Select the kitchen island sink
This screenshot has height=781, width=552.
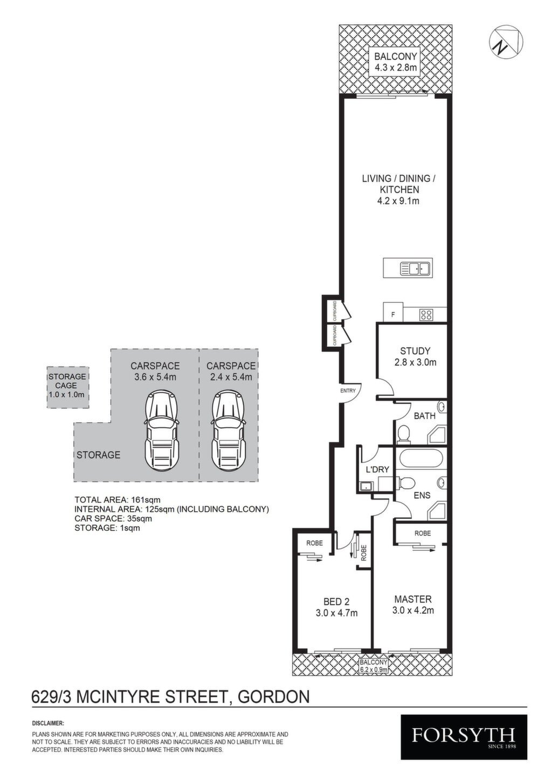pyautogui.click(x=417, y=269)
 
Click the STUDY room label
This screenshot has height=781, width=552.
pyautogui.click(x=415, y=351)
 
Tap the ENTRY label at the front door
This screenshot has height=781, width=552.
pyautogui.click(x=348, y=391)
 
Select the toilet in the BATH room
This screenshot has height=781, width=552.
pyautogui.click(x=404, y=434)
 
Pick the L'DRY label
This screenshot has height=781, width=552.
pyautogui.click(x=378, y=469)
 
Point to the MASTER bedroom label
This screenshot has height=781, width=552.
pyautogui.click(x=413, y=599)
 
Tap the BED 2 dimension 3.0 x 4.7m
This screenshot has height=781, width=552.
pyautogui.click(x=336, y=613)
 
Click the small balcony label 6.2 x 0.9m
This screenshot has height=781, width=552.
pyautogui.click(x=374, y=670)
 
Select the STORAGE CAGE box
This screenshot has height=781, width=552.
pyautogui.click(x=67, y=387)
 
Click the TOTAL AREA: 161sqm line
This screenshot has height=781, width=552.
pyautogui.click(x=118, y=499)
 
